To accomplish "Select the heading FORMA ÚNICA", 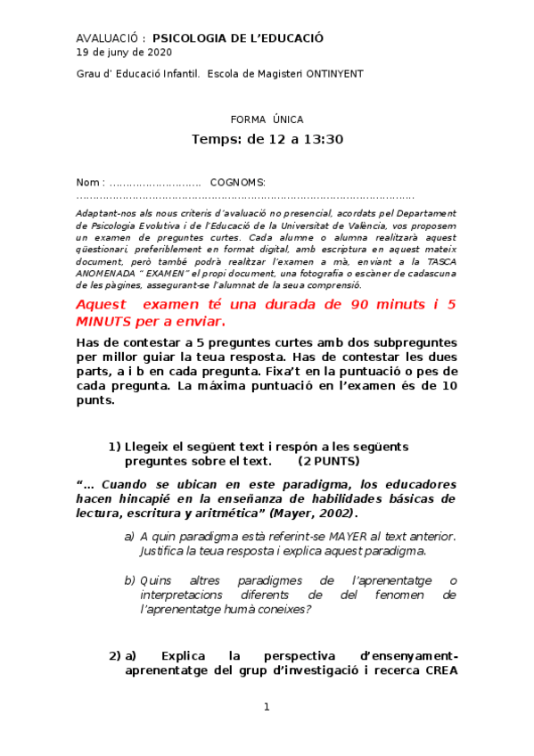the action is click(x=267, y=119).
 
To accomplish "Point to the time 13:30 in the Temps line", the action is click(x=324, y=139).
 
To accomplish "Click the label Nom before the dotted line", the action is click(x=88, y=182).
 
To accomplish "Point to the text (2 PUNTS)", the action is click(x=329, y=461).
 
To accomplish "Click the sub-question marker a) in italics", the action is click(x=129, y=536).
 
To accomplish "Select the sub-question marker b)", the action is click(x=129, y=580).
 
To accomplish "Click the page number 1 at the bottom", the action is click(x=266, y=707).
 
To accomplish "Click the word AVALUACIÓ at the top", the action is click(x=107, y=38).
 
